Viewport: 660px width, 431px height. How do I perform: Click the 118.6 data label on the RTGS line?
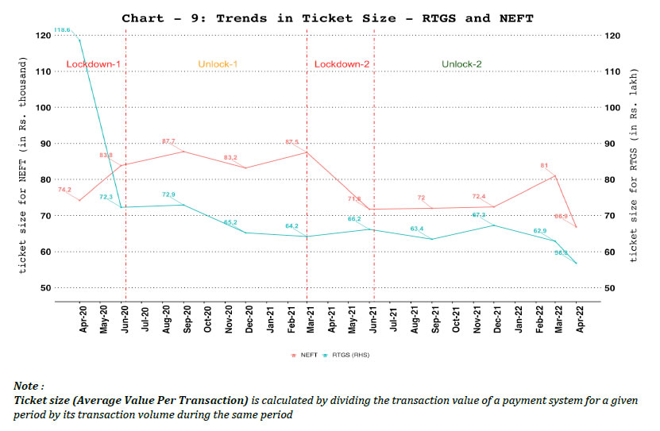click(63, 29)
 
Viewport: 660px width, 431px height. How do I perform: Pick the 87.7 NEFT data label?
click(168, 141)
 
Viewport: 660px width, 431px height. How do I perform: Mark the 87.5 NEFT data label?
click(292, 142)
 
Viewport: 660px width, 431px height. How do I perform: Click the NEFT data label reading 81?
click(545, 166)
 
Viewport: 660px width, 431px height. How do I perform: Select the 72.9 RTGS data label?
click(168, 194)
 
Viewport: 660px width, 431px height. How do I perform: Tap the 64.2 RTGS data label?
click(291, 226)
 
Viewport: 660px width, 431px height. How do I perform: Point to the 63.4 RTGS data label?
click(416, 229)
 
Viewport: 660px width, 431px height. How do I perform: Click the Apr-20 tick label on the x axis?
click(83, 318)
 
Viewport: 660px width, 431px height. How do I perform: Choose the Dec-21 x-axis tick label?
click(496, 318)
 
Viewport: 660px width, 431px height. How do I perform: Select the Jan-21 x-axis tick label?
click(269, 318)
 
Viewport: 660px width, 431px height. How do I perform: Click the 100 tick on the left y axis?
click(43, 107)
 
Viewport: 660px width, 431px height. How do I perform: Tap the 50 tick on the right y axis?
click(610, 287)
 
